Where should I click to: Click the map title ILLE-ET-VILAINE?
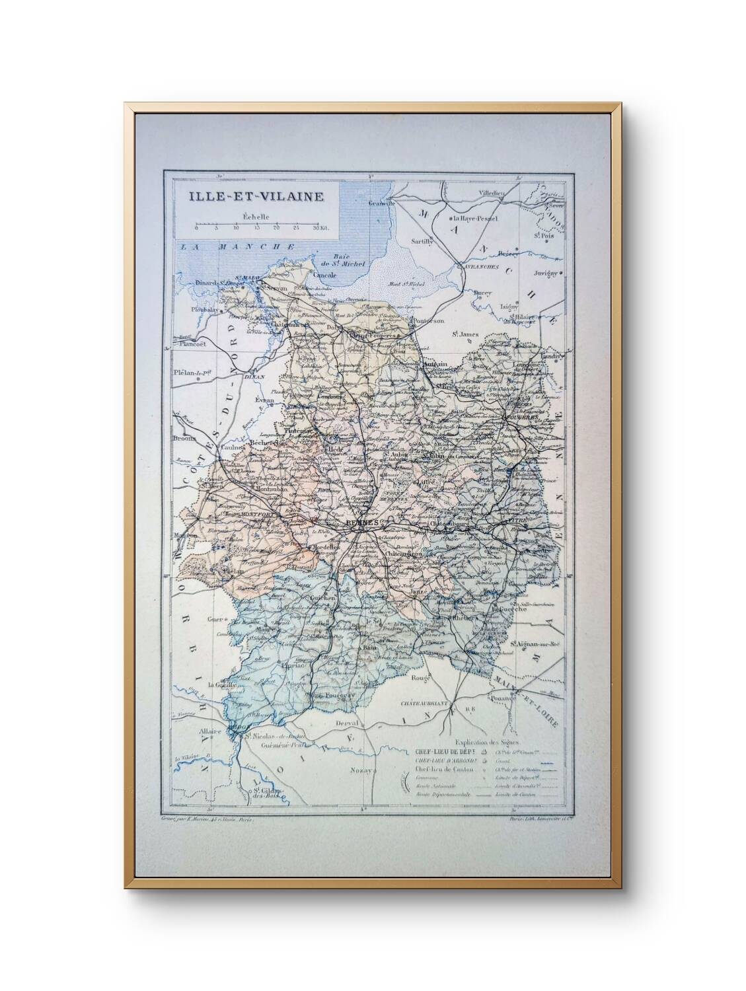tap(256, 196)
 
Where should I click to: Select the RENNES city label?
tap(361, 522)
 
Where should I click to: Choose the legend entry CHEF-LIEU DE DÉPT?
tap(441, 752)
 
